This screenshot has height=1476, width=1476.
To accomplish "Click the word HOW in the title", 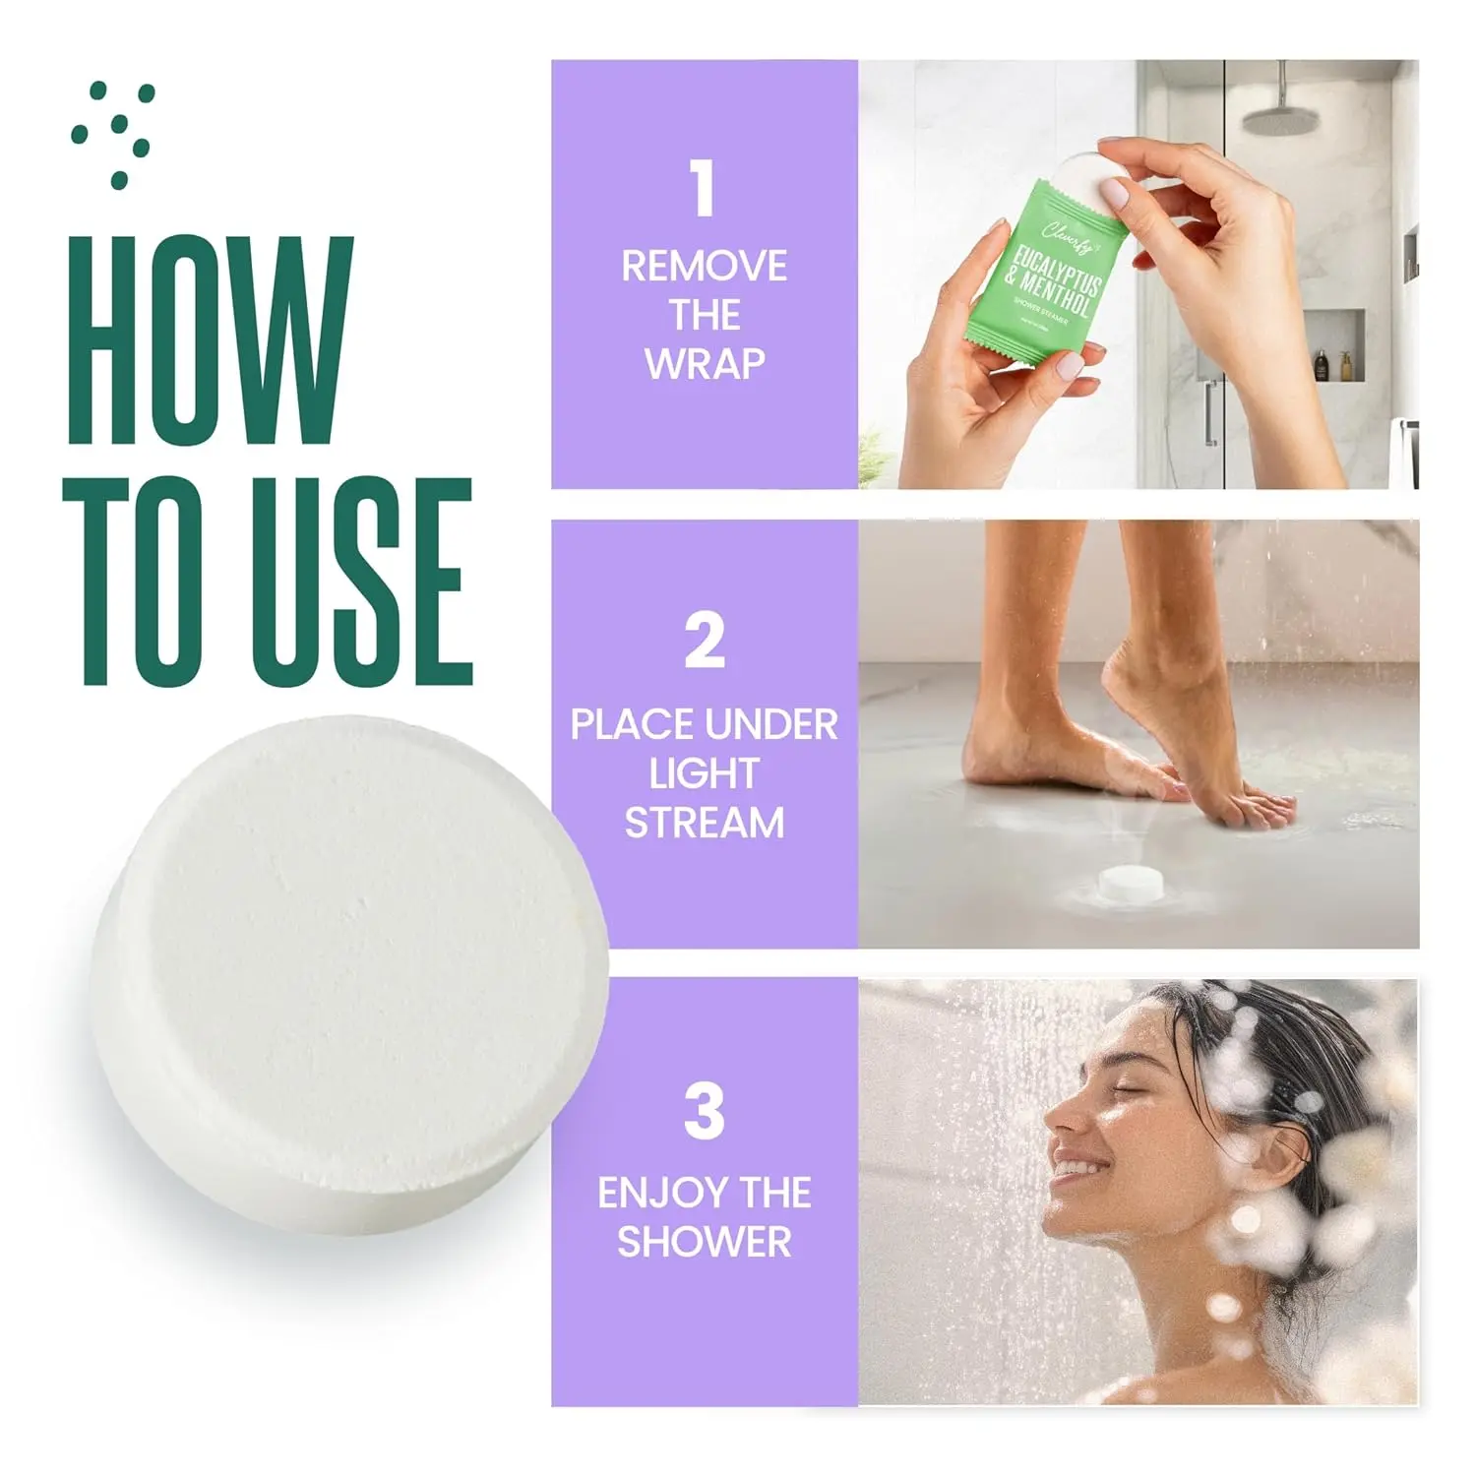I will [209, 339].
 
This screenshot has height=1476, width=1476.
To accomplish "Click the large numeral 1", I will [703, 189].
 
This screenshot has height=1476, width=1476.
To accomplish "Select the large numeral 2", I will [705, 642].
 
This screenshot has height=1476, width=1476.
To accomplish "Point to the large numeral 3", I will [705, 1112].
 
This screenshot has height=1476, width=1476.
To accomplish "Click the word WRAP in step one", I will [705, 364].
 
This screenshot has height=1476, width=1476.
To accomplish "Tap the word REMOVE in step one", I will [705, 267].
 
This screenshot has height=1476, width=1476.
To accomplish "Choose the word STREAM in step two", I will [705, 823].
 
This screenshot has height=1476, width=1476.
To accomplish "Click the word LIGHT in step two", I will [705, 774].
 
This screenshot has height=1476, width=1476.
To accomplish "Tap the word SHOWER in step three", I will [705, 1242].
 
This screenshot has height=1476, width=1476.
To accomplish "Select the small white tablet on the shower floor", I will [1131, 884].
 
